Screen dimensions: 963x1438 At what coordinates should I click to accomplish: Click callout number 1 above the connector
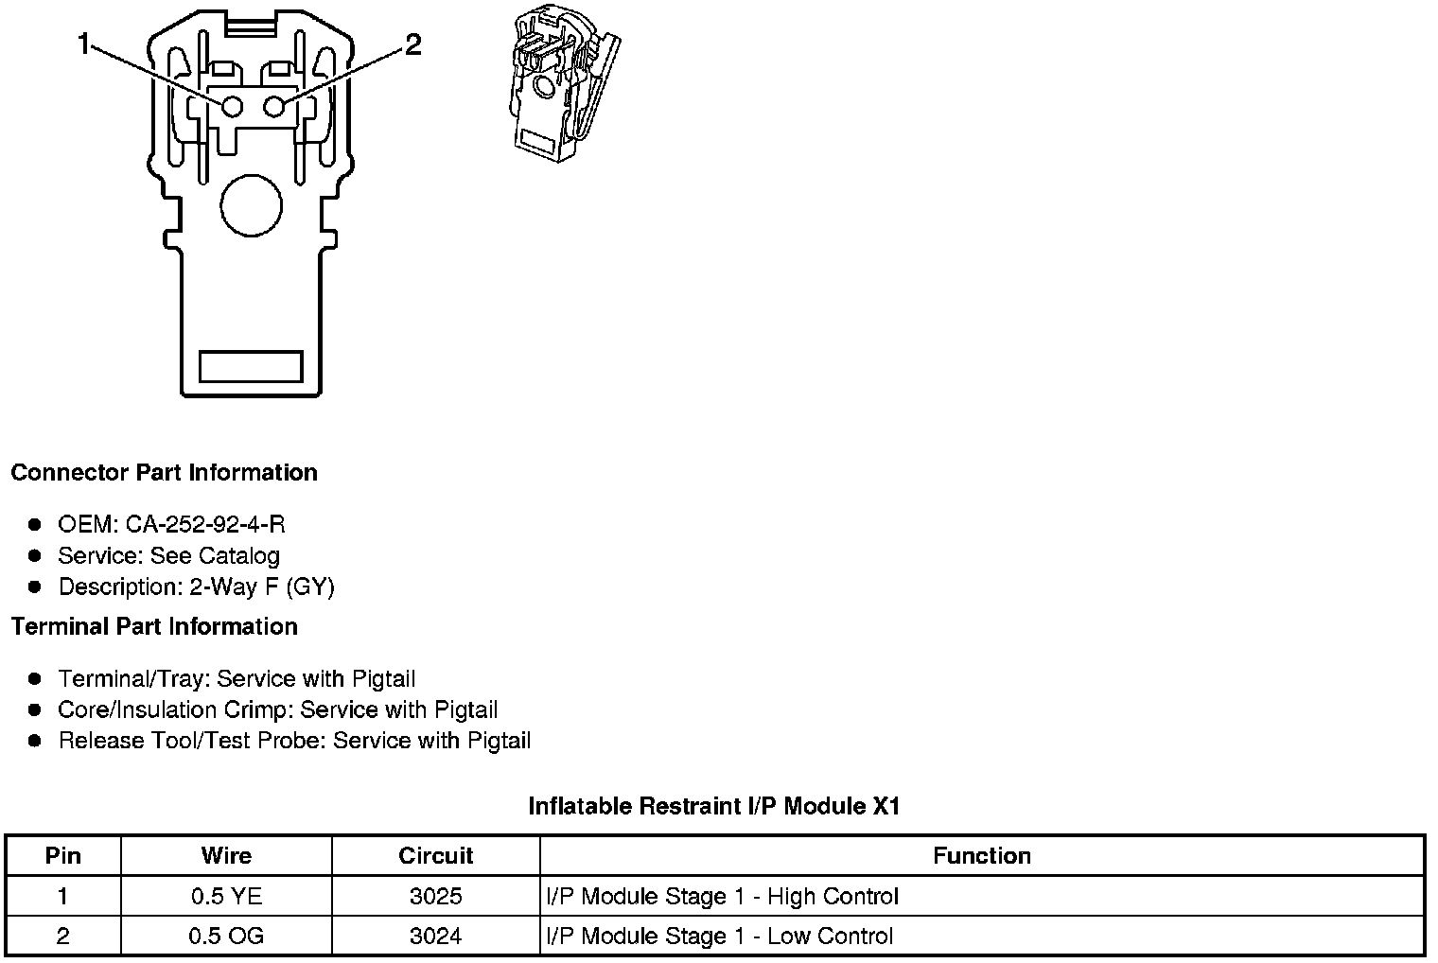[x=85, y=44]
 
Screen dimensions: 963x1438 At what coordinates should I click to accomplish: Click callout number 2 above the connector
[x=412, y=44]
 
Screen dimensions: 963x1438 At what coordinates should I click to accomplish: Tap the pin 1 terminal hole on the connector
[x=232, y=106]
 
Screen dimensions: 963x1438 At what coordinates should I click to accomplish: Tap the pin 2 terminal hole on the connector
[x=273, y=106]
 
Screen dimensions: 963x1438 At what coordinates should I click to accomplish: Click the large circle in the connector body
[x=251, y=204]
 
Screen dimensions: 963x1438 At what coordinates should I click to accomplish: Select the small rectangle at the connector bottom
[x=251, y=366]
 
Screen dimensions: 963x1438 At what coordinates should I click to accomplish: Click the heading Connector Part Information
[x=164, y=473]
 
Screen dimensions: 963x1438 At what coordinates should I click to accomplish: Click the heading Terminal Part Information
[x=154, y=626]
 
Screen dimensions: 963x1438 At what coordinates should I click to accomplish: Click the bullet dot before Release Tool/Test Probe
[x=36, y=741]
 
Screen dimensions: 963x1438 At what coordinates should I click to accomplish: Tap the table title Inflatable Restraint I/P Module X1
[x=714, y=806]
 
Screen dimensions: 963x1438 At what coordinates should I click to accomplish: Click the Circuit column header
[x=435, y=856]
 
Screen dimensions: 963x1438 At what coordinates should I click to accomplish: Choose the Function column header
[x=981, y=856]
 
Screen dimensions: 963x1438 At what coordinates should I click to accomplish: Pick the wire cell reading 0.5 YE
[x=226, y=896]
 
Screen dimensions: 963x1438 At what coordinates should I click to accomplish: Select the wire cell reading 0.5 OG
[x=226, y=936]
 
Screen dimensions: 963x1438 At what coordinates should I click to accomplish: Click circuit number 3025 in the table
[x=435, y=896]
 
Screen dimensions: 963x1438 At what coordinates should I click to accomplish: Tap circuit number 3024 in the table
[x=435, y=936]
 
